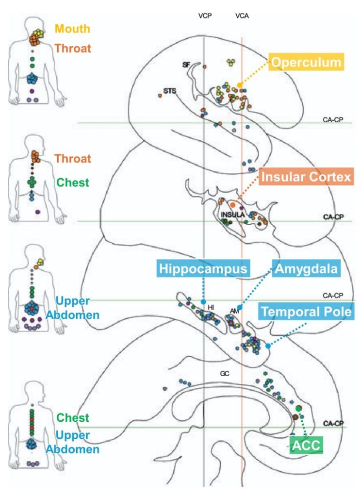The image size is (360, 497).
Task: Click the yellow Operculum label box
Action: coord(307,63)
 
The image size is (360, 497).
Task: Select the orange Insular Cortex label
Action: coord(305,177)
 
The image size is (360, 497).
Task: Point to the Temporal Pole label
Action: coord(305,312)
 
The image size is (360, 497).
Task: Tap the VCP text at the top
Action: coord(205,16)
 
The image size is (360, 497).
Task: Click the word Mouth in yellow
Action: coord(72,29)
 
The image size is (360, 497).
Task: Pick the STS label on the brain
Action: coord(169,90)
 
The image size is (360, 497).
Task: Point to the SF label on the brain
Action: coord(186,65)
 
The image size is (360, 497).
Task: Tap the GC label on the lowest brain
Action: coord(224,374)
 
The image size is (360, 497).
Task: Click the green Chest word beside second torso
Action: coord(73,183)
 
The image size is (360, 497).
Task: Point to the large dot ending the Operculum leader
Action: coord(240,85)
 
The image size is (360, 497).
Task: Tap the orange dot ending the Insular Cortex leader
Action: coord(233,205)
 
